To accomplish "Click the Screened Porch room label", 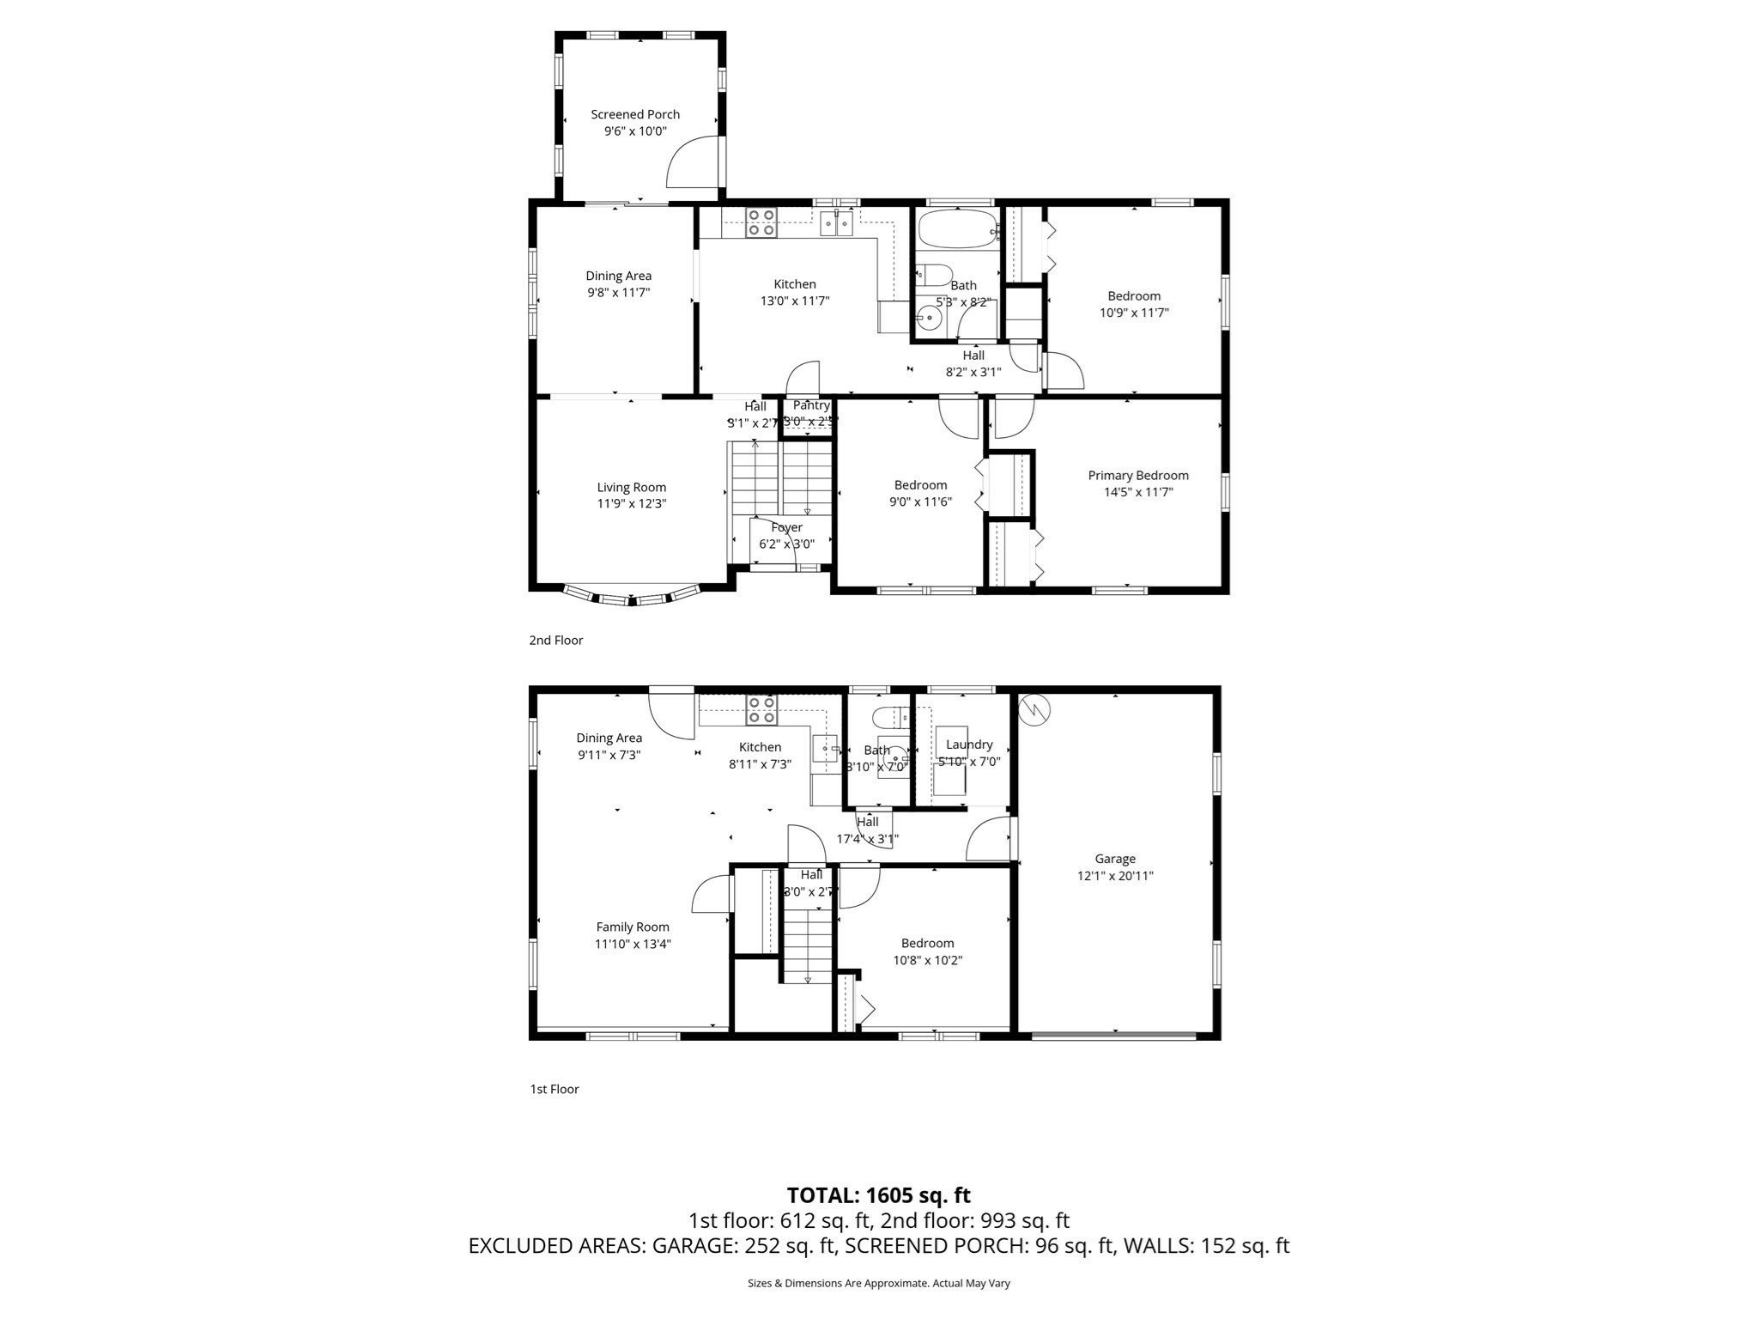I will point(634,114).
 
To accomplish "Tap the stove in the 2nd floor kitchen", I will point(761,222).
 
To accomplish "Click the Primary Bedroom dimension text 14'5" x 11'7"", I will point(1137,492).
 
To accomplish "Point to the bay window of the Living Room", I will point(632,597).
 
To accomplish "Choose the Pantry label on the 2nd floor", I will point(810,405).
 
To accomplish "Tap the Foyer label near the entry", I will point(786,527).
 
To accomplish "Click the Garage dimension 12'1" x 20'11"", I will point(1114,876).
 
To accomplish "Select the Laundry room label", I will point(968,745).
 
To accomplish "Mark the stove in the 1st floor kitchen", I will point(761,710).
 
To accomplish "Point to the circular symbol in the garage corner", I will point(1034,708).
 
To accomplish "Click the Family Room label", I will point(633,927).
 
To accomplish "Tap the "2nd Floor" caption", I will point(555,640).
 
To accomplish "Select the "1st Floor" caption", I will point(554,1089).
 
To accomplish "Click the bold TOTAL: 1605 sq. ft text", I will point(878,1194).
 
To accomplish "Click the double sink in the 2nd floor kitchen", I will point(836,224).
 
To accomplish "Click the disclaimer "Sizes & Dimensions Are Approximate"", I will point(878,1283).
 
